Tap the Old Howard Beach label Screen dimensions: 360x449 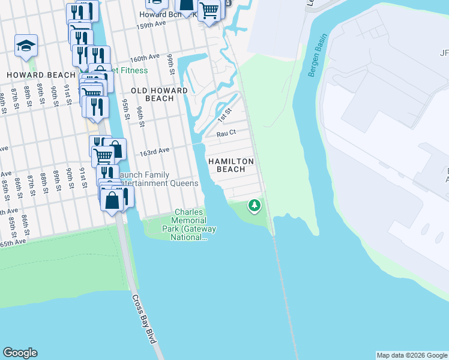[159, 94]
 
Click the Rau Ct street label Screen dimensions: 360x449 [226, 133]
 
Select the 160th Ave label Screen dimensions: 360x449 [145, 56]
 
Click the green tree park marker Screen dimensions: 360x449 [255, 206]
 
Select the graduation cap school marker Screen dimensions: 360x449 [26, 46]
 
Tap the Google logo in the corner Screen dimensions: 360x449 [20, 353]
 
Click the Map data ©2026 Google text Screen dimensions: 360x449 [412, 355]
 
